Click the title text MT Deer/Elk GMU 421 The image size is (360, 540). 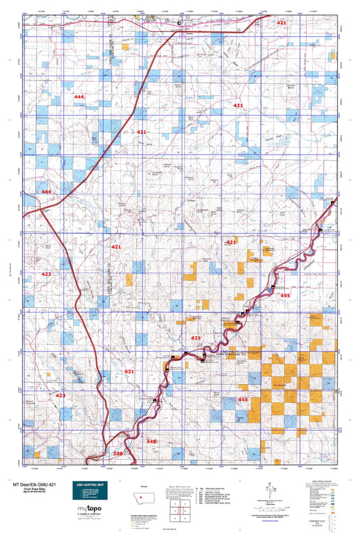click(40, 484)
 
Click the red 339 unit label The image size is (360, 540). click(118, 454)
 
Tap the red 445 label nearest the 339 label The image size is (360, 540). click(152, 441)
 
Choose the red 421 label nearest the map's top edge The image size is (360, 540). click(281, 23)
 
